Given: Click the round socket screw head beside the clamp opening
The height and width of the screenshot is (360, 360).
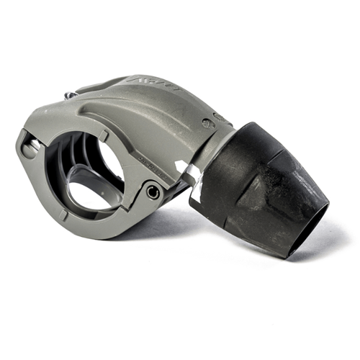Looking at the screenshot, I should (x=153, y=192).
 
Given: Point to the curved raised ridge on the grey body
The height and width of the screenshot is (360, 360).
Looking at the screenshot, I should (x=144, y=108).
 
